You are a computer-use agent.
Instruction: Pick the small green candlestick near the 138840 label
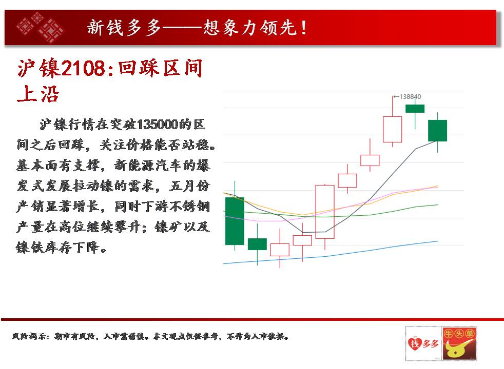click(415, 109)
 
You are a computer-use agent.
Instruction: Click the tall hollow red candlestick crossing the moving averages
click(325, 212)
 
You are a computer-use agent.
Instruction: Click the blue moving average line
click(331, 255)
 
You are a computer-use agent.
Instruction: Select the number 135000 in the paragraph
click(158, 124)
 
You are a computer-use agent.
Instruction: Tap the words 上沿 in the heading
click(38, 94)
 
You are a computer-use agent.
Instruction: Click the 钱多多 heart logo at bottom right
click(423, 344)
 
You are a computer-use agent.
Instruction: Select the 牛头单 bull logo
click(459, 344)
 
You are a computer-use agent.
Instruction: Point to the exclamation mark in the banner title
click(304, 28)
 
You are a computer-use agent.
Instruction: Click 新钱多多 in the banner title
click(124, 28)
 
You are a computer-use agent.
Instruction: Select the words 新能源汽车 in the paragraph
click(148, 165)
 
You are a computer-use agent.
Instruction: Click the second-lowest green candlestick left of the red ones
click(257, 244)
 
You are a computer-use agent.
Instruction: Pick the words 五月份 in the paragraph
click(189, 186)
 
